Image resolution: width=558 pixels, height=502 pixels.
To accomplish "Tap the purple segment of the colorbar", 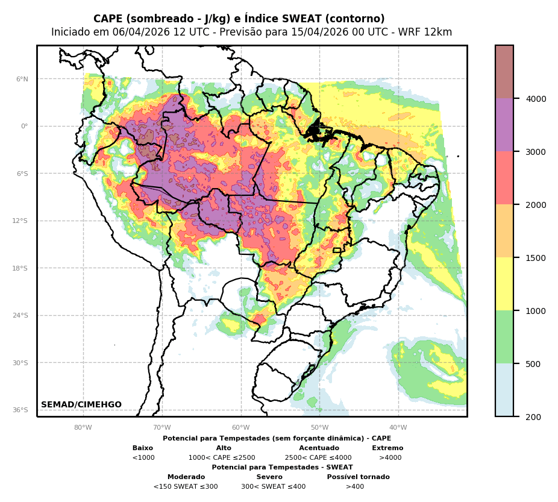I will coord(504,125).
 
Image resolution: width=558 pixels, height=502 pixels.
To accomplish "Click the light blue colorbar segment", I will coord(504,390).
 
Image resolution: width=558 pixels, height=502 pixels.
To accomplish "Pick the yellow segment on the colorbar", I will coord(504,284).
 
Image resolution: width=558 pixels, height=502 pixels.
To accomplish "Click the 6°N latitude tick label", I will coord(22,79).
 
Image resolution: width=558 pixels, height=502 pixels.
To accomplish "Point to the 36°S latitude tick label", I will coord(21,410).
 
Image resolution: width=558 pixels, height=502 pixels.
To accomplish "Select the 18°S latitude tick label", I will coord(21,268).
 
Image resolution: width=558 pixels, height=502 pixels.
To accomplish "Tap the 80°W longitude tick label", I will coord(83,428).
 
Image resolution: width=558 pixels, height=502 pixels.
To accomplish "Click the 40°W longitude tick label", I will coord(398,428).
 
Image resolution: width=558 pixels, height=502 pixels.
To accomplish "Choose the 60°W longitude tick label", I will coord(241,428).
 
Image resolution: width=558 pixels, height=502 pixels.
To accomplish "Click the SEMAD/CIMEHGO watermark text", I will coord(81,405).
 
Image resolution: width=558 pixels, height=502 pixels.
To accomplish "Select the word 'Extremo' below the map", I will coord(387,448).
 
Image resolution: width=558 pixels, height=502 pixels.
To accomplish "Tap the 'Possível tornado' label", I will coord(358,477).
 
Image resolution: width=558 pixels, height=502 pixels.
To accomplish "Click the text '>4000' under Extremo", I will coord(390,458).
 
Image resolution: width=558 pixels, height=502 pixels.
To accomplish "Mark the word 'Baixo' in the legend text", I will coord(143,448).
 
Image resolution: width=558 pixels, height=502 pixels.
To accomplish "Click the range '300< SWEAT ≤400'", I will coord(273,487).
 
